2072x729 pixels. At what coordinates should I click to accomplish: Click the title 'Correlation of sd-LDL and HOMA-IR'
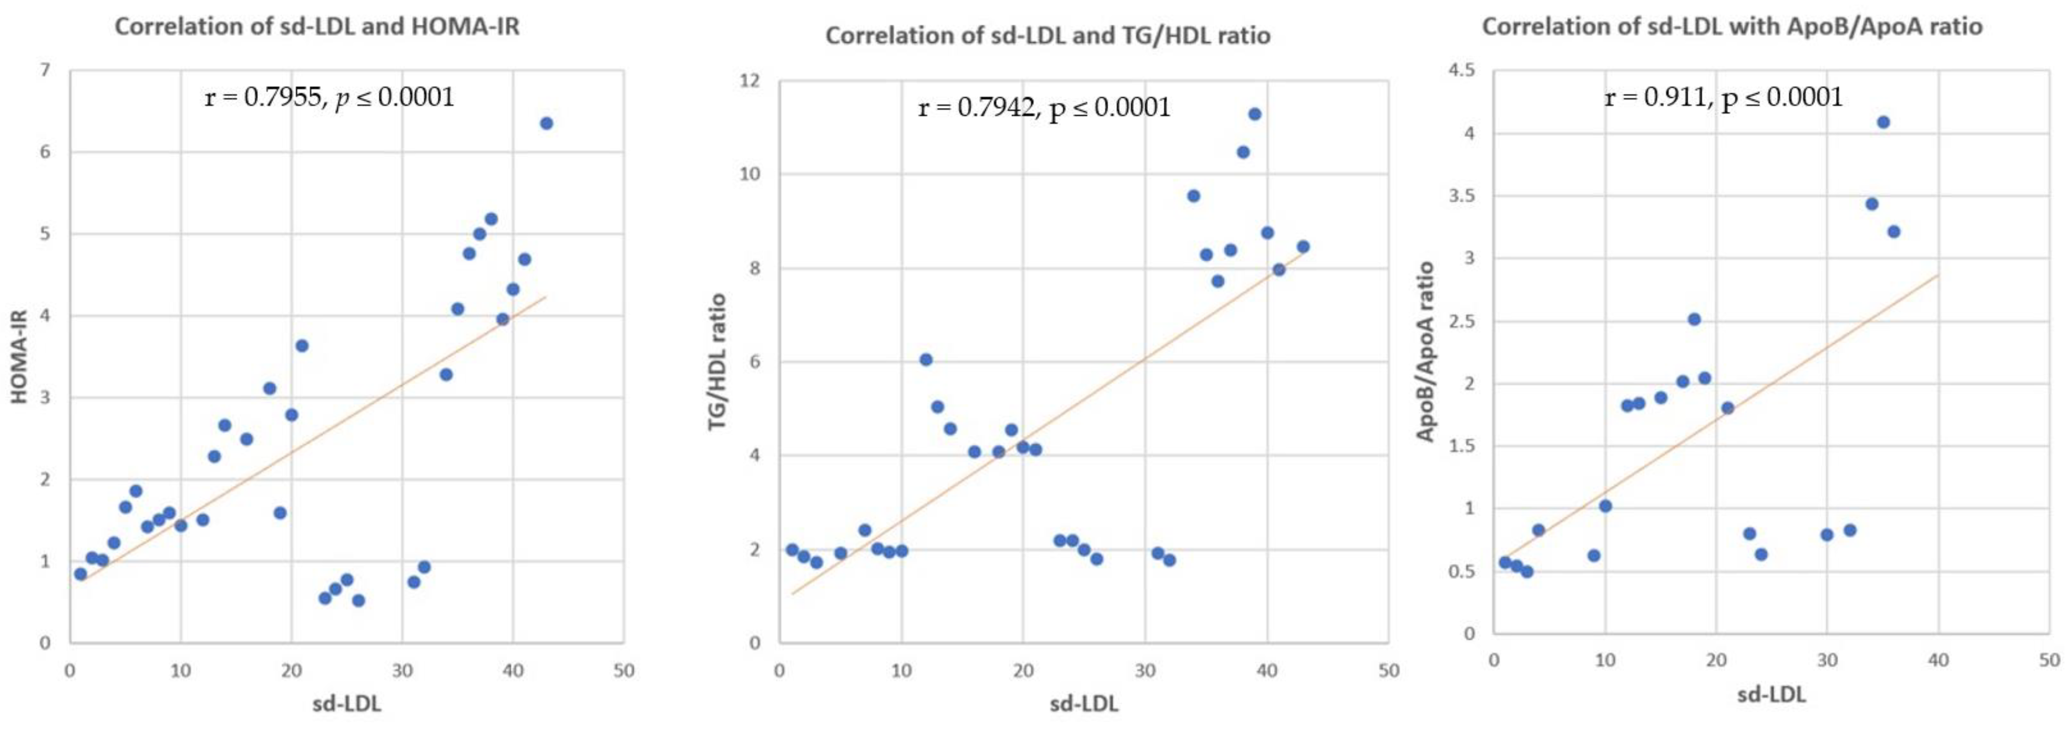(317, 27)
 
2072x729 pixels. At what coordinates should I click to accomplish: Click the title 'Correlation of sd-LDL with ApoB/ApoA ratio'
(1732, 27)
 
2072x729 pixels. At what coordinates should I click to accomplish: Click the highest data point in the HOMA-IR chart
(546, 123)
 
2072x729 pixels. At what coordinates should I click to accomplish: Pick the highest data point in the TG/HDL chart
(1254, 114)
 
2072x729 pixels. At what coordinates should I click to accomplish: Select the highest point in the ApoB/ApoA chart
(1883, 122)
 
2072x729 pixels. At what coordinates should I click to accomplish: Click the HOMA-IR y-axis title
(19, 356)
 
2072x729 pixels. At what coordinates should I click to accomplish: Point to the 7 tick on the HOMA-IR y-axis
(45, 71)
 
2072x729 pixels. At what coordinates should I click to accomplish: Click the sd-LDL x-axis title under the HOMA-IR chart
(347, 704)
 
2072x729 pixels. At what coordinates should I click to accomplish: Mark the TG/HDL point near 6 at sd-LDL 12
(926, 360)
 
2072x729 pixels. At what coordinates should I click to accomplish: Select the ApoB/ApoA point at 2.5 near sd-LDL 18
(1694, 319)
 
